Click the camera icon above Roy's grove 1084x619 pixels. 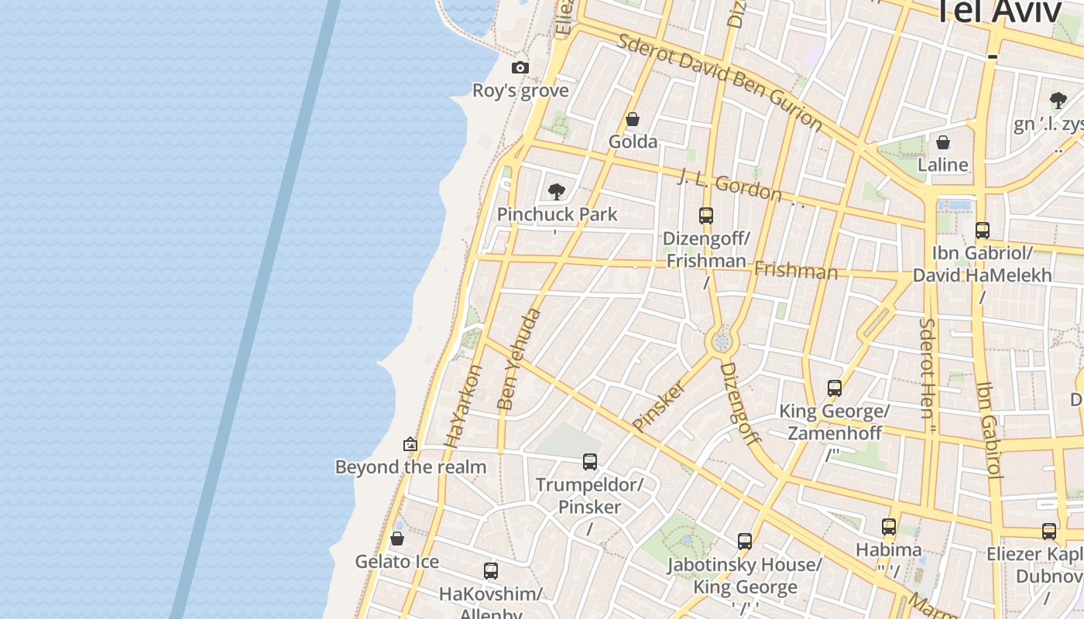click(520, 68)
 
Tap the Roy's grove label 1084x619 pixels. click(520, 91)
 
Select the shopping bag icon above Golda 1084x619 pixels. click(633, 119)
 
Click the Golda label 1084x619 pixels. click(633, 142)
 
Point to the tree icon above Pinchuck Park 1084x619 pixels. click(556, 191)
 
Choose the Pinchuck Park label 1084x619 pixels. click(557, 214)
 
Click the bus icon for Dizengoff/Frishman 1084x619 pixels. click(705, 216)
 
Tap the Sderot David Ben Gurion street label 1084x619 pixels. click(719, 80)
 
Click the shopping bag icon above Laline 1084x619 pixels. click(943, 142)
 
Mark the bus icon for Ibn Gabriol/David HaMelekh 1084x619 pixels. click(982, 230)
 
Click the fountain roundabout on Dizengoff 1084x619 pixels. click(722, 341)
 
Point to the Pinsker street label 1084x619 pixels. click(658, 405)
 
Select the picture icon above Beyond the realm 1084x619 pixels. click(410, 444)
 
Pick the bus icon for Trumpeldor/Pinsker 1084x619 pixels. click(590, 462)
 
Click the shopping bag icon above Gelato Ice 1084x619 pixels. click(397, 539)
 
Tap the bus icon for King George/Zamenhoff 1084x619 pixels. click(834, 388)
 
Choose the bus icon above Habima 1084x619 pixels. click(889, 527)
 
